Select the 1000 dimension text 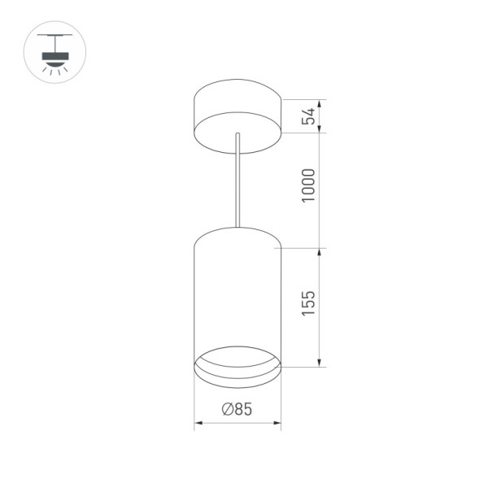coord(307,186)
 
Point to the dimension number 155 coord(307,304)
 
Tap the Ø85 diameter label coord(237,410)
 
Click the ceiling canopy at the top coord(237,106)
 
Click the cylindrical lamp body coord(237,293)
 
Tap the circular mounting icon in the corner coord(54,52)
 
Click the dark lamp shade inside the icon coord(54,58)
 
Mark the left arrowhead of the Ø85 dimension coord(197,423)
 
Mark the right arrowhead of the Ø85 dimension coord(277,423)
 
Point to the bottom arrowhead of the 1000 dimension coord(319,244)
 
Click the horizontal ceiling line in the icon coord(54,35)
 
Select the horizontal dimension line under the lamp coord(237,423)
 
